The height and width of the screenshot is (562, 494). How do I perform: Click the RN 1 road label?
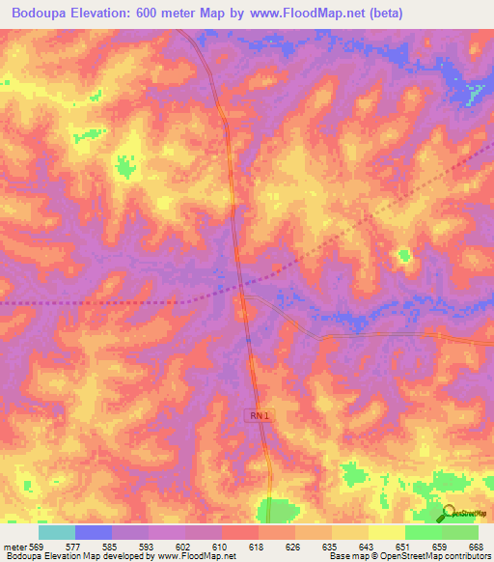coord(255,414)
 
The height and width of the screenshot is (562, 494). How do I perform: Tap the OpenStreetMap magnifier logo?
coord(449,513)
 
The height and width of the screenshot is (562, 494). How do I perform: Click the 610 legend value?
coord(221,546)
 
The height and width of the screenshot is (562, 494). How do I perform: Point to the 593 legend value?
coord(148,546)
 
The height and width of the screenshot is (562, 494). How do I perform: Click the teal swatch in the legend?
coord(57,532)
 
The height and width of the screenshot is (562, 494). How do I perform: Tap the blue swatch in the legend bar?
coord(94,532)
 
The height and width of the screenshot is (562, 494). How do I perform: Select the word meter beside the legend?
coord(14,546)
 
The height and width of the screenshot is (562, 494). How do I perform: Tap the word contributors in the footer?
coord(466,556)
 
